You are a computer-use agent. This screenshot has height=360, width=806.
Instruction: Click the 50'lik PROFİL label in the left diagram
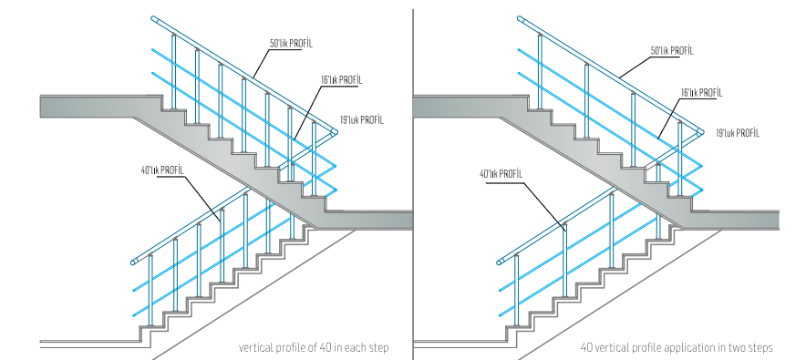click(x=291, y=44)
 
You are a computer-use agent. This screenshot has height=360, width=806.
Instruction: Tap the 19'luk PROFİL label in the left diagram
click(x=361, y=120)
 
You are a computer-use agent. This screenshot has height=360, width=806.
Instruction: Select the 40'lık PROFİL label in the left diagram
click(x=162, y=170)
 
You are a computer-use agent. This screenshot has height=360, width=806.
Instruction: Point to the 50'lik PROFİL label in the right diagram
click(x=672, y=51)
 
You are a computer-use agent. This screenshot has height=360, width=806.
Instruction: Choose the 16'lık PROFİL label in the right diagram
click(x=702, y=93)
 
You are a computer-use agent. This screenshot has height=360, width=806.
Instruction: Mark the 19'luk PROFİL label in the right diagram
click(x=738, y=133)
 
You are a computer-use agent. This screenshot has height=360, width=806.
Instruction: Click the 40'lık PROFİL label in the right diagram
click(x=501, y=174)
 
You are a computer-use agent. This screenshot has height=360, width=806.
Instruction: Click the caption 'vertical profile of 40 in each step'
click(x=314, y=347)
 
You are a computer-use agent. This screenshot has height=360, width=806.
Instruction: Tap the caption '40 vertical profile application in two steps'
click(x=677, y=347)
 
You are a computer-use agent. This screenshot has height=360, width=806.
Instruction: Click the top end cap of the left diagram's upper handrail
click(x=154, y=19)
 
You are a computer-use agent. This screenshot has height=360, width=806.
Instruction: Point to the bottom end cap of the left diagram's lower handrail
click(x=134, y=262)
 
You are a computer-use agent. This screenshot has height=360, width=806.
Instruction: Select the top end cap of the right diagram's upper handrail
click(x=521, y=19)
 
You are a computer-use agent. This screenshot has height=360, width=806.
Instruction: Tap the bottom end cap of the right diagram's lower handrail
click(x=500, y=262)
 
